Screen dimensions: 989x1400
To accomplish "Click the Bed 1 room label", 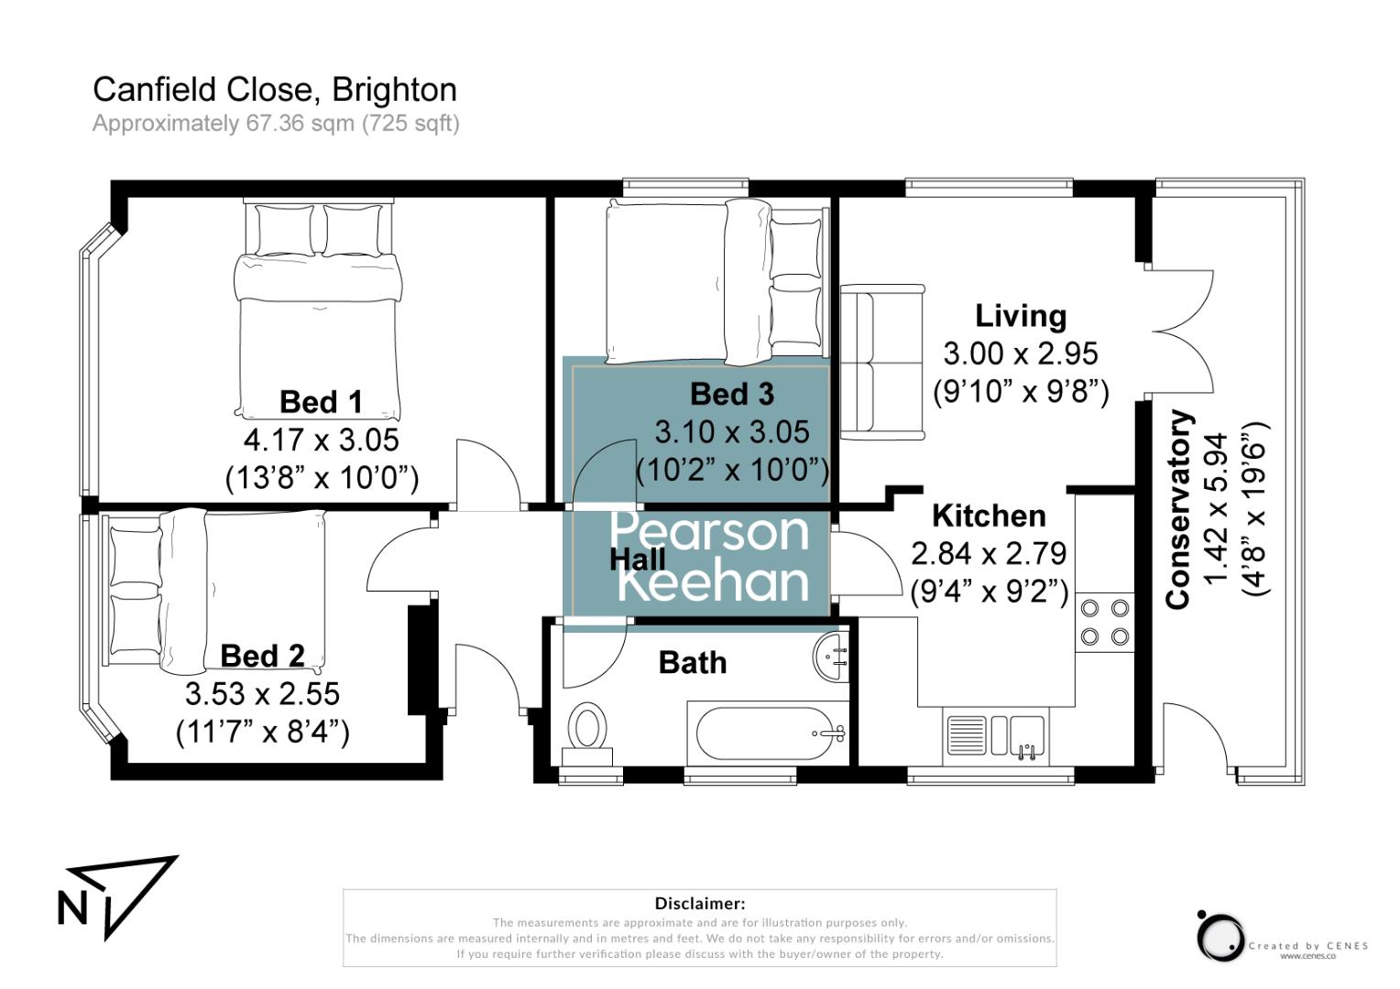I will point(321,401).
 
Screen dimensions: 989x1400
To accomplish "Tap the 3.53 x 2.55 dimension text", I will point(262,694).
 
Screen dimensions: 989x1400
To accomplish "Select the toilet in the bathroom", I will point(586,732).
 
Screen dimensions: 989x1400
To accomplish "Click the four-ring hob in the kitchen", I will point(1104,621).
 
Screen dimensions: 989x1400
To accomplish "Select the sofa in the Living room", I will point(882,362).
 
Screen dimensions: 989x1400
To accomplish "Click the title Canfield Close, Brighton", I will point(275,90).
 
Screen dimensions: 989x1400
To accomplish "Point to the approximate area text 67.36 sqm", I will point(275,123).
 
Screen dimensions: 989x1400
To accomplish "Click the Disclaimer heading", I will point(699,904).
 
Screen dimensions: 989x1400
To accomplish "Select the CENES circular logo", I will point(1220,937).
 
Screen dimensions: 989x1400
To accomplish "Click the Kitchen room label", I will point(989,516).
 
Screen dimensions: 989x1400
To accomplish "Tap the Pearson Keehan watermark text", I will point(709,556).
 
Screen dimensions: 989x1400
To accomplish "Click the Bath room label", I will point(693,662).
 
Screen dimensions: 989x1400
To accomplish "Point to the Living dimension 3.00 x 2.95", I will point(1021,353).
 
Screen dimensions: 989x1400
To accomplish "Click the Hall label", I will point(637,559).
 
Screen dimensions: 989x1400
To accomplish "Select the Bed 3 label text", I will point(731,394).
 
